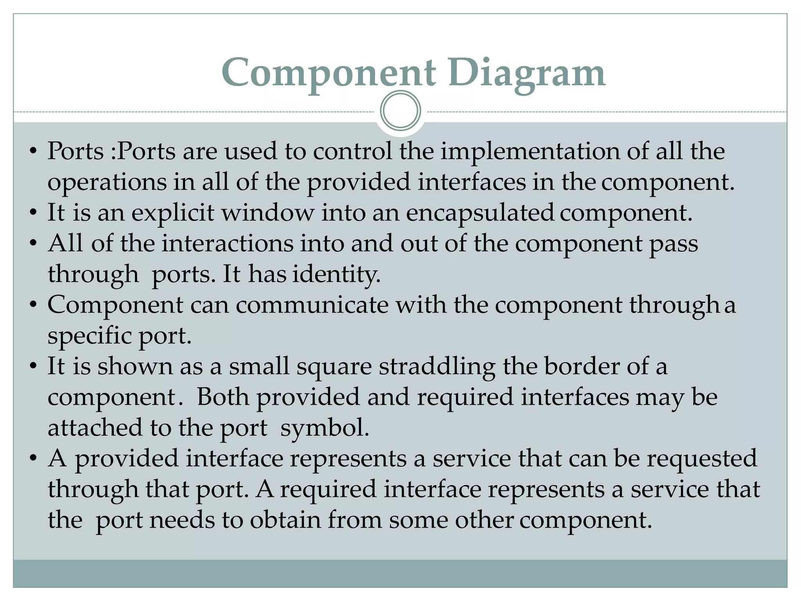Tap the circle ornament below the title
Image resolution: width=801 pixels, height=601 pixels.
point(400,111)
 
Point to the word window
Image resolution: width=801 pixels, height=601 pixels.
point(268,213)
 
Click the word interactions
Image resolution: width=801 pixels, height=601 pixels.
point(227,244)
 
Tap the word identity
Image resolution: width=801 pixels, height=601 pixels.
point(336,274)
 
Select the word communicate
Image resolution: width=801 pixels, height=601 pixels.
point(312,305)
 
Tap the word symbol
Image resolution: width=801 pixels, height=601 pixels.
point(325,428)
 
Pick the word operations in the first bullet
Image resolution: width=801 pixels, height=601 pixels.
point(107,183)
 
